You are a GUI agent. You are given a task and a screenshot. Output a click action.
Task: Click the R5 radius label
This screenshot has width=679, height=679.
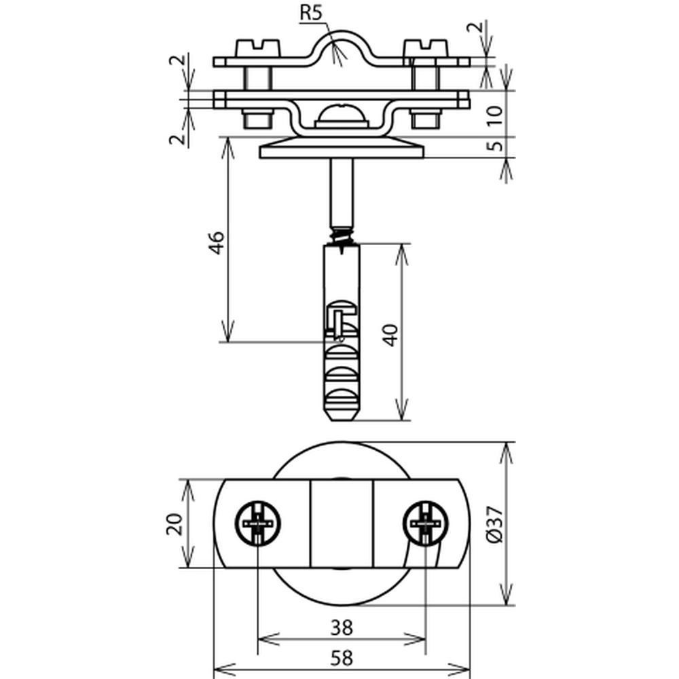312,13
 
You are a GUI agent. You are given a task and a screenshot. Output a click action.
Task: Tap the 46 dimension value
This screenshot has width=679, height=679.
216,242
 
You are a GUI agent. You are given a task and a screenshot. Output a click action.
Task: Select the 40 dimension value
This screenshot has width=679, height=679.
390,335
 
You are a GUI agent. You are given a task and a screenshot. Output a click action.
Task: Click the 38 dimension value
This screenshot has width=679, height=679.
342,627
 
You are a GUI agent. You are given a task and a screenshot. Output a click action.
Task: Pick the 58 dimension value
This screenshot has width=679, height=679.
342,659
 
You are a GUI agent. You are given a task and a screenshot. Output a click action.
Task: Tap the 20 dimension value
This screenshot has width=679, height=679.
175,524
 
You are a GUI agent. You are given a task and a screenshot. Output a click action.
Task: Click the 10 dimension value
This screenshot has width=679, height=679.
494,115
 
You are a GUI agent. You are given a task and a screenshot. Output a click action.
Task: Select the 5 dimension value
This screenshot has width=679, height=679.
494,145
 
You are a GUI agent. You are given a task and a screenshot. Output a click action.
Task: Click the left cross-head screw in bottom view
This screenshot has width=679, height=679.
257,523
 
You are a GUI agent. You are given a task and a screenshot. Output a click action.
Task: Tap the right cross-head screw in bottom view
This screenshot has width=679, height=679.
426,523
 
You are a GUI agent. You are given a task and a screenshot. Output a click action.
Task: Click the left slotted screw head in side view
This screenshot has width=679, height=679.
257,48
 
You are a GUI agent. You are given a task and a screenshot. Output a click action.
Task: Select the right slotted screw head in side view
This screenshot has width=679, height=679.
426,48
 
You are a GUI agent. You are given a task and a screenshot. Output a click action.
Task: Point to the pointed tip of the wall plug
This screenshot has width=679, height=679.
342,420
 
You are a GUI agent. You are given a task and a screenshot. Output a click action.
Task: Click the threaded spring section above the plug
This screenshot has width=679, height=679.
342,236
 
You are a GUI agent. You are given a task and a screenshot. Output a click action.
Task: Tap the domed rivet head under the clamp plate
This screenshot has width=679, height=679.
342,115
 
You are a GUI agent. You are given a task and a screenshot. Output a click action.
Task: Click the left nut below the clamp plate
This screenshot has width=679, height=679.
258,118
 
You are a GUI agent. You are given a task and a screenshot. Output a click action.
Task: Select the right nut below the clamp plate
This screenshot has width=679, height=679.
426,118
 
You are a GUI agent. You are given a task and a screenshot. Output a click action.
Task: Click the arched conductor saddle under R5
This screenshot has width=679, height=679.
342,48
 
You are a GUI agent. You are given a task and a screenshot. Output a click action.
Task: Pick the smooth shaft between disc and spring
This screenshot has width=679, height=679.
342,193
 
